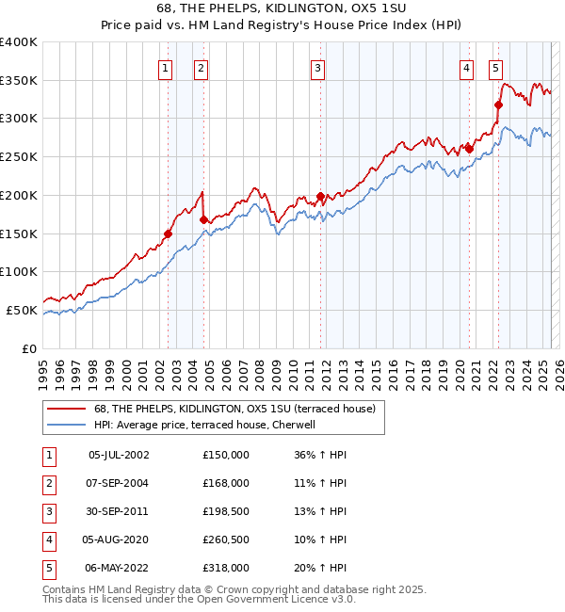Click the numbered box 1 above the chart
pyautogui.click(x=165, y=68)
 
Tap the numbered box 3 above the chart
pyautogui.click(x=318, y=68)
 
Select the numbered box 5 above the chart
pyautogui.click(x=495, y=68)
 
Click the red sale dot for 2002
pyautogui.click(x=169, y=234)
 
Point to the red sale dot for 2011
pyautogui.click(x=320, y=197)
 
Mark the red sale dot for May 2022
pyautogui.click(x=498, y=105)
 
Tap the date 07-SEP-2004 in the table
pyautogui.click(x=119, y=483)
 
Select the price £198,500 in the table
pyautogui.click(x=226, y=511)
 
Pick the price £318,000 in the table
pyautogui.click(x=226, y=568)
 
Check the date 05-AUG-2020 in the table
pyautogui.click(x=119, y=540)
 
